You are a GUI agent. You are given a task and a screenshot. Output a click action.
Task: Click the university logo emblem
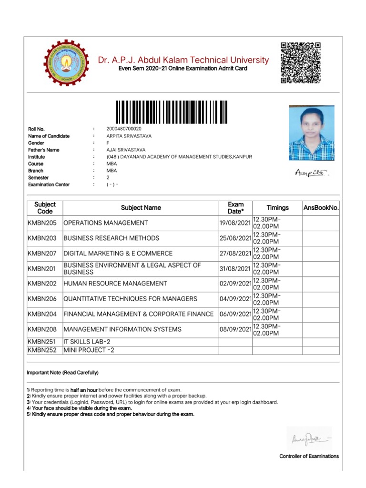pos(65,63)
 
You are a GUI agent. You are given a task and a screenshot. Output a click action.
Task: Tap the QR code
pos(300,63)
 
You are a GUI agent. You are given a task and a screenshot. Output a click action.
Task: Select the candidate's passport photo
pos(312,132)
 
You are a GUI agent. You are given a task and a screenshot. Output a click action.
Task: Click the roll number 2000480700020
pos(124,129)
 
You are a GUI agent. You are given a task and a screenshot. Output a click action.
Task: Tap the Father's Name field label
pos(44,150)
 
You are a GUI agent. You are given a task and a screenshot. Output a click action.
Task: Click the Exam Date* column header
pos(235,208)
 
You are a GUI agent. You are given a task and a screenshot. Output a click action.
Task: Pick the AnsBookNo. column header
pos(321,208)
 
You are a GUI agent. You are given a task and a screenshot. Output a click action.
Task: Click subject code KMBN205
pos(42,223)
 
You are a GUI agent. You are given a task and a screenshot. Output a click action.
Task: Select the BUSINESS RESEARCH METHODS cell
pos(112,238)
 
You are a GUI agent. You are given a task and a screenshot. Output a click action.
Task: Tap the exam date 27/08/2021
pos(235,254)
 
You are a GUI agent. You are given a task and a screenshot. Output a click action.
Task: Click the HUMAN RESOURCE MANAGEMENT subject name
pos(115,284)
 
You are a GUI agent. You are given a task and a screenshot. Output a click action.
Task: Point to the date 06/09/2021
pos(235,314)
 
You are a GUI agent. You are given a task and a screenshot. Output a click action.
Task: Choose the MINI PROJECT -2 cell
pos(89,351)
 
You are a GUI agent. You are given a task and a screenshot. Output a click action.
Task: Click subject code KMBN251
pos(42,342)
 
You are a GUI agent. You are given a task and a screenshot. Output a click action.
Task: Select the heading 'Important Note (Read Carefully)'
pos(62,373)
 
